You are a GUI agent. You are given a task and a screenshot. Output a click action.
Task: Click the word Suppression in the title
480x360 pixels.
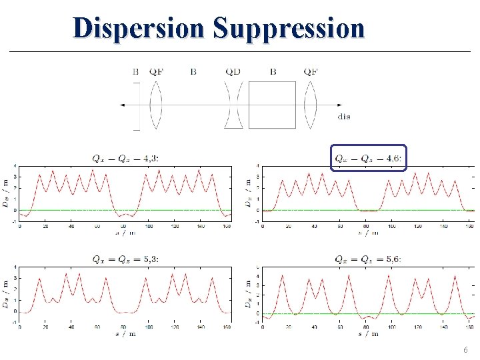(289, 28)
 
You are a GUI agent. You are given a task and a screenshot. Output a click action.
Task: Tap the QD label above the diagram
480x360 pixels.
(233, 71)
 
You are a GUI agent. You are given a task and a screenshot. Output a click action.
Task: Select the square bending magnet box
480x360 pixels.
(272, 105)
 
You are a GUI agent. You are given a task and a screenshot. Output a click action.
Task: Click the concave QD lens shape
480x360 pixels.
(233, 105)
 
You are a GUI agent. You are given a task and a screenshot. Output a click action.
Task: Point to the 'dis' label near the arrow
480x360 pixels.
(344, 117)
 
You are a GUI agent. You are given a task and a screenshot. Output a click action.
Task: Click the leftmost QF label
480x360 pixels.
(156, 71)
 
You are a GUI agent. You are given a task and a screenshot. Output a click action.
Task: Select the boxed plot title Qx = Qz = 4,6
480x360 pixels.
(368, 158)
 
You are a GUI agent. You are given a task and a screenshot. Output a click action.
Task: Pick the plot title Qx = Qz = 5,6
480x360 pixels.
(368, 259)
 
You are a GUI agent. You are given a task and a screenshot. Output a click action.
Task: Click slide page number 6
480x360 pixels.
(465, 350)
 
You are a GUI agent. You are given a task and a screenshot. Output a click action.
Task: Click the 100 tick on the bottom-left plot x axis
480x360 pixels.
(149, 327)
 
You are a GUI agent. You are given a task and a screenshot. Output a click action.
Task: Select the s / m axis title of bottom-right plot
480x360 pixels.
(368, 333)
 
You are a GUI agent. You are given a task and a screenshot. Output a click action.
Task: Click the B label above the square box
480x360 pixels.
(273, 71)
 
